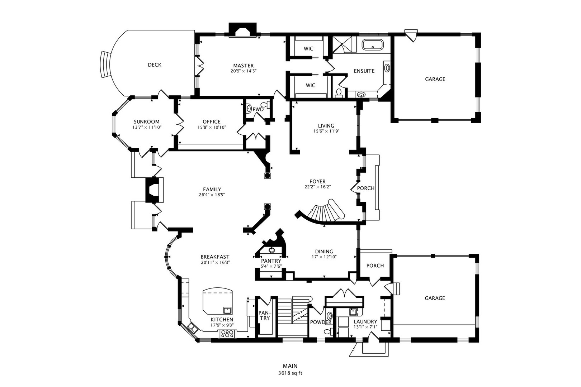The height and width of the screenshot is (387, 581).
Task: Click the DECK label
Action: tap(155, 65)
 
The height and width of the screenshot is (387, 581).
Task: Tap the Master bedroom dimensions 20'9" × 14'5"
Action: tap(244, 71)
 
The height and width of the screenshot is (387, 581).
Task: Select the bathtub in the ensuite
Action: tap(373, 44)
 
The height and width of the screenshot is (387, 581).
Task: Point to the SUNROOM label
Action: tap(147, 121)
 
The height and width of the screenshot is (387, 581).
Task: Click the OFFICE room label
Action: tap(212, 121)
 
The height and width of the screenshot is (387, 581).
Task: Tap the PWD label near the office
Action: tap(258, 109)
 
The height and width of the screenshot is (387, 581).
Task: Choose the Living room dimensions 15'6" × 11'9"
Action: tap(326, 131)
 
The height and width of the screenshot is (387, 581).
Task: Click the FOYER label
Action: tap(317, 181)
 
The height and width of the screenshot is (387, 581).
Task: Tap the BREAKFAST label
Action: tap(215, 257)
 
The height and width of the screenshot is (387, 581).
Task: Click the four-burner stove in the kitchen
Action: tap(227, 334)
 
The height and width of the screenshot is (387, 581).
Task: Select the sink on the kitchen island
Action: tap(227, 310)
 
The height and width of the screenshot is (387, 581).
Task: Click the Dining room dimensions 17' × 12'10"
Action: tap(324, 257)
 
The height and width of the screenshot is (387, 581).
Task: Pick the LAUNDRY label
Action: tap(365, 322)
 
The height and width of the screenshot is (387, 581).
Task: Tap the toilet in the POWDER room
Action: tap(328, 331)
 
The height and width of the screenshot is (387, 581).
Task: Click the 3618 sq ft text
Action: tap(290, 373)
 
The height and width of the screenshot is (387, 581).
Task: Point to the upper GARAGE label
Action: tap(435, 79)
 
